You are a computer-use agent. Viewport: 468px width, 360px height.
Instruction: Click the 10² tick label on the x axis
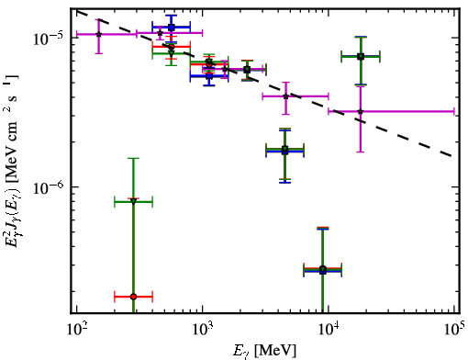click(x=76, y=329)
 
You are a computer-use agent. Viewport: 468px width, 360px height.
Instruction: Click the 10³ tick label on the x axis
click(x=203, y=329)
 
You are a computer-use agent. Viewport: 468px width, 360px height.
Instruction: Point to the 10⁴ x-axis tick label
click(x=329, y=329)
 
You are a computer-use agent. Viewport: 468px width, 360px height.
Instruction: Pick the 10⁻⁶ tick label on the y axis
click(x=48, y=187)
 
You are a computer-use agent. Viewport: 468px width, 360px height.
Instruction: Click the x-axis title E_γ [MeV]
click(x=265, y=351)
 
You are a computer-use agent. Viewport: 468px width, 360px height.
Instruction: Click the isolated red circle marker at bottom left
click(x=133, y=297)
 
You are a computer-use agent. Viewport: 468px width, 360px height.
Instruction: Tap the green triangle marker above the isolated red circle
click(x=133, y=201)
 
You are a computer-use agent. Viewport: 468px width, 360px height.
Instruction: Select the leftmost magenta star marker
click(x=98, y=34)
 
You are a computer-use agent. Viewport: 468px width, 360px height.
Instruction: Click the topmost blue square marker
click(x=172, y=28)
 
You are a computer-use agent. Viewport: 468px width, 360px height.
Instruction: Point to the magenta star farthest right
click(x=361, y=111)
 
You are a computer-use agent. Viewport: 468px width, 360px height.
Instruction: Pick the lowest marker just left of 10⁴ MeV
click(x=322, y=270)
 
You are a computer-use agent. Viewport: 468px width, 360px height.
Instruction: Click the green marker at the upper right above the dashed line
click(x=361, y=56)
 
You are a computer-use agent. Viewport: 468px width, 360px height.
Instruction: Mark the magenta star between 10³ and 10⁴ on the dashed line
click(x=285, y=96)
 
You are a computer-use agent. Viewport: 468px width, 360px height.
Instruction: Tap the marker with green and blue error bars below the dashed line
click(x=284, y=150)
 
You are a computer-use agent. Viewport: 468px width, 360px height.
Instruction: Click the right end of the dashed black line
click(x=452, y=156)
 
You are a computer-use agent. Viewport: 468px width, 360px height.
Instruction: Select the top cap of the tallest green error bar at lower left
click(x=133, y=158)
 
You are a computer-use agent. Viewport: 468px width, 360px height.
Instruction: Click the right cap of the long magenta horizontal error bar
click(x=454, y=111)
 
